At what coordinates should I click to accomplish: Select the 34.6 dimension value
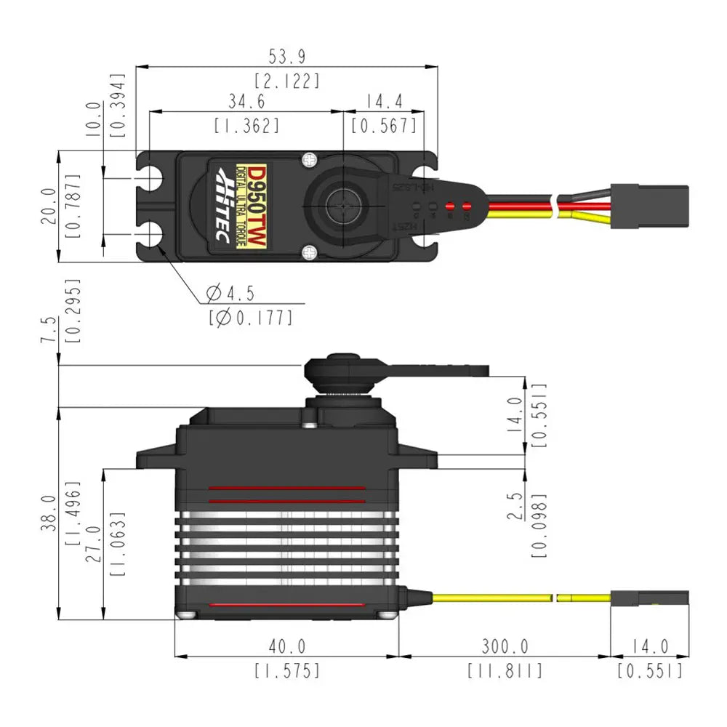coord(246,100)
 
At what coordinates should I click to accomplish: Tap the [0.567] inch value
coord(384,125)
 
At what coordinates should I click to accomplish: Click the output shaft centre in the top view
coord(342,206)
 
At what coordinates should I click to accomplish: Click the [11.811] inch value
coord(504,670)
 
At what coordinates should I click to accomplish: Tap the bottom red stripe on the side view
coord(286,605)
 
